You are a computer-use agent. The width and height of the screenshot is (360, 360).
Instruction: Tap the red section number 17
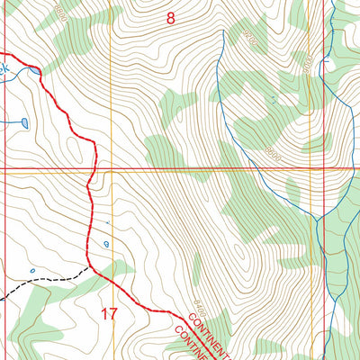point(109,314)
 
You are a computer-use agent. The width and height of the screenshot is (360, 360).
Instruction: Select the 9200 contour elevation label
point(249,39)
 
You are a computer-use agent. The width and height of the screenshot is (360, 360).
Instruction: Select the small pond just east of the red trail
point(107,243)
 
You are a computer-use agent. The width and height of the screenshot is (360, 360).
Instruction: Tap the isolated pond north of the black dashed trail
point(32,269)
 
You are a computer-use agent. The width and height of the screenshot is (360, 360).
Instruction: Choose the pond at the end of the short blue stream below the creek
point(23,122)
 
